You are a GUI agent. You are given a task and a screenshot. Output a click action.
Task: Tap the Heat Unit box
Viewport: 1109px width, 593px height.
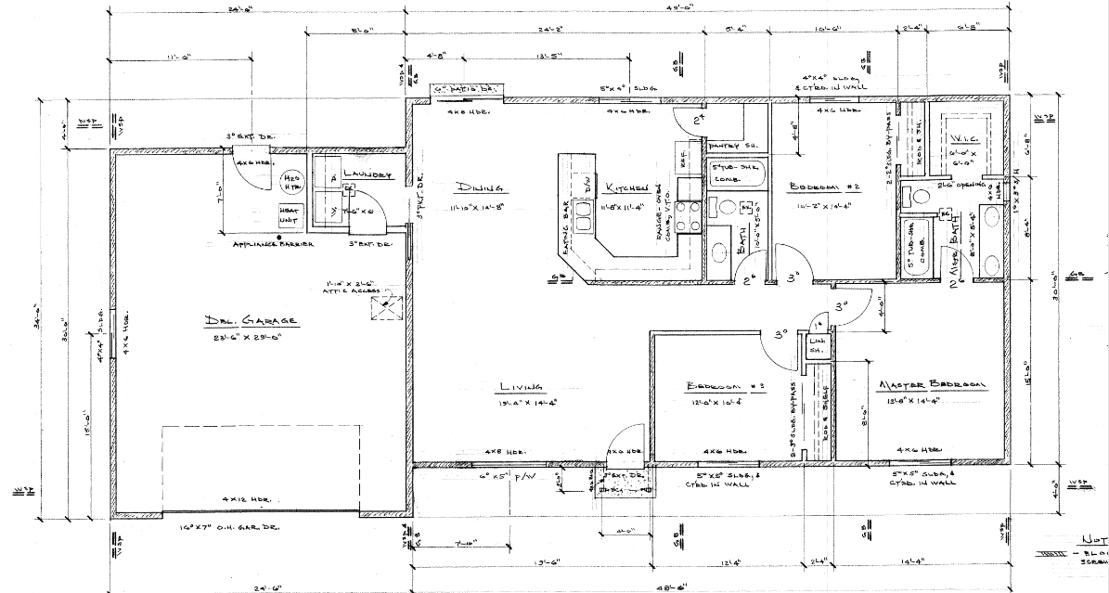coord(290,215)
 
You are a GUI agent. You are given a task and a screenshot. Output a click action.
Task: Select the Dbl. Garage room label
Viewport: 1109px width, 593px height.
coord(251,321)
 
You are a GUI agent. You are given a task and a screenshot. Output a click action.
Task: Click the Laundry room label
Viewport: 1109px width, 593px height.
coord(367,174)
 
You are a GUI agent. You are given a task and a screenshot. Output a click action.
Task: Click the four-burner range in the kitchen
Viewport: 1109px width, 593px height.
coord(688,218)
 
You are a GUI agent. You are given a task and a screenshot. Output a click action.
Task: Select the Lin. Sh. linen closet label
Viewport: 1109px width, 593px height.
coord(817,347)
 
